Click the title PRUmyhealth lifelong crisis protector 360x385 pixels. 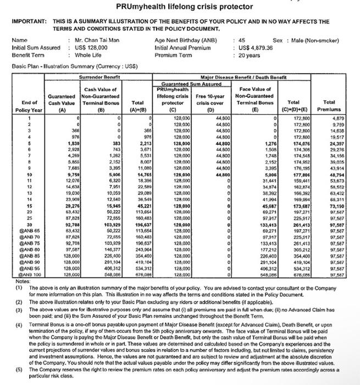[180, 7]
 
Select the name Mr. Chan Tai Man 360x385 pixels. [97, 41]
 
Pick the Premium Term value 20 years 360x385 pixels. [250, 55]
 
